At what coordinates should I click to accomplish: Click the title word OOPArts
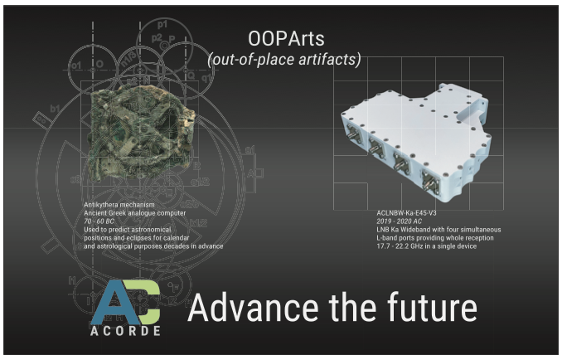[x=286, y=38]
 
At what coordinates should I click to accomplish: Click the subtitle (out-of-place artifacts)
[x=284, y=59]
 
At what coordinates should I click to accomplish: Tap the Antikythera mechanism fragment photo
[x=142, y=132]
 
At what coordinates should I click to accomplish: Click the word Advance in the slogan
[x=253, y=307]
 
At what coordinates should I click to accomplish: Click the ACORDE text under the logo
[x=125, y=331]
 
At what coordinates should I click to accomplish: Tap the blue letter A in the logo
[x=115, y=302]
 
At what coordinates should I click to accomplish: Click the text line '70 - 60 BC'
[x=99, y=221]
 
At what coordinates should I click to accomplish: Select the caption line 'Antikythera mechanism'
[x=119, y=205]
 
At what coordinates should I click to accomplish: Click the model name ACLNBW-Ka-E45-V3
[x=406, y=213]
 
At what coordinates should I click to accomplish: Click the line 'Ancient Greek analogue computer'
[x=135, y=213]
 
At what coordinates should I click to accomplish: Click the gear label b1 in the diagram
[x=55, y=108]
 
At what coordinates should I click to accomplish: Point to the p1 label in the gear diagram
[x=162, y=25]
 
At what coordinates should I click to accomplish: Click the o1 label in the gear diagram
[x=76, y=66]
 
